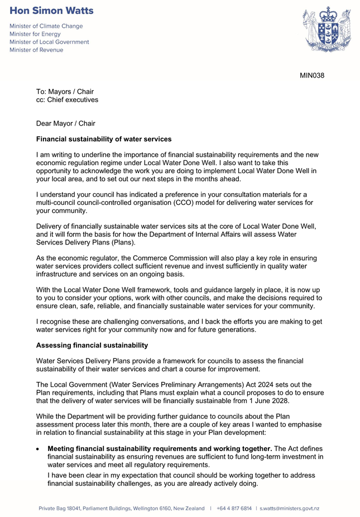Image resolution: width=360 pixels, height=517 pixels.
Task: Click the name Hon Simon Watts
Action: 51,11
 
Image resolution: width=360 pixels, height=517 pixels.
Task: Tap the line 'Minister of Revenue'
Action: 36,50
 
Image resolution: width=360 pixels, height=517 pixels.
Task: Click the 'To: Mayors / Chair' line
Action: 65,92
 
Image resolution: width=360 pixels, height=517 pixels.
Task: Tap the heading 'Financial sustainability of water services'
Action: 104,139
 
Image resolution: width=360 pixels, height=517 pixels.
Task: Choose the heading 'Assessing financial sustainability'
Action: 92,346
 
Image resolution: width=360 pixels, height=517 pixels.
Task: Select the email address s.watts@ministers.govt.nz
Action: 289,509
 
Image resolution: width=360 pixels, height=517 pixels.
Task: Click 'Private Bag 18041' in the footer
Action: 60,509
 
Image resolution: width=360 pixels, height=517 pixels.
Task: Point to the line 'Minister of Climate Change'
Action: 46,26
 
